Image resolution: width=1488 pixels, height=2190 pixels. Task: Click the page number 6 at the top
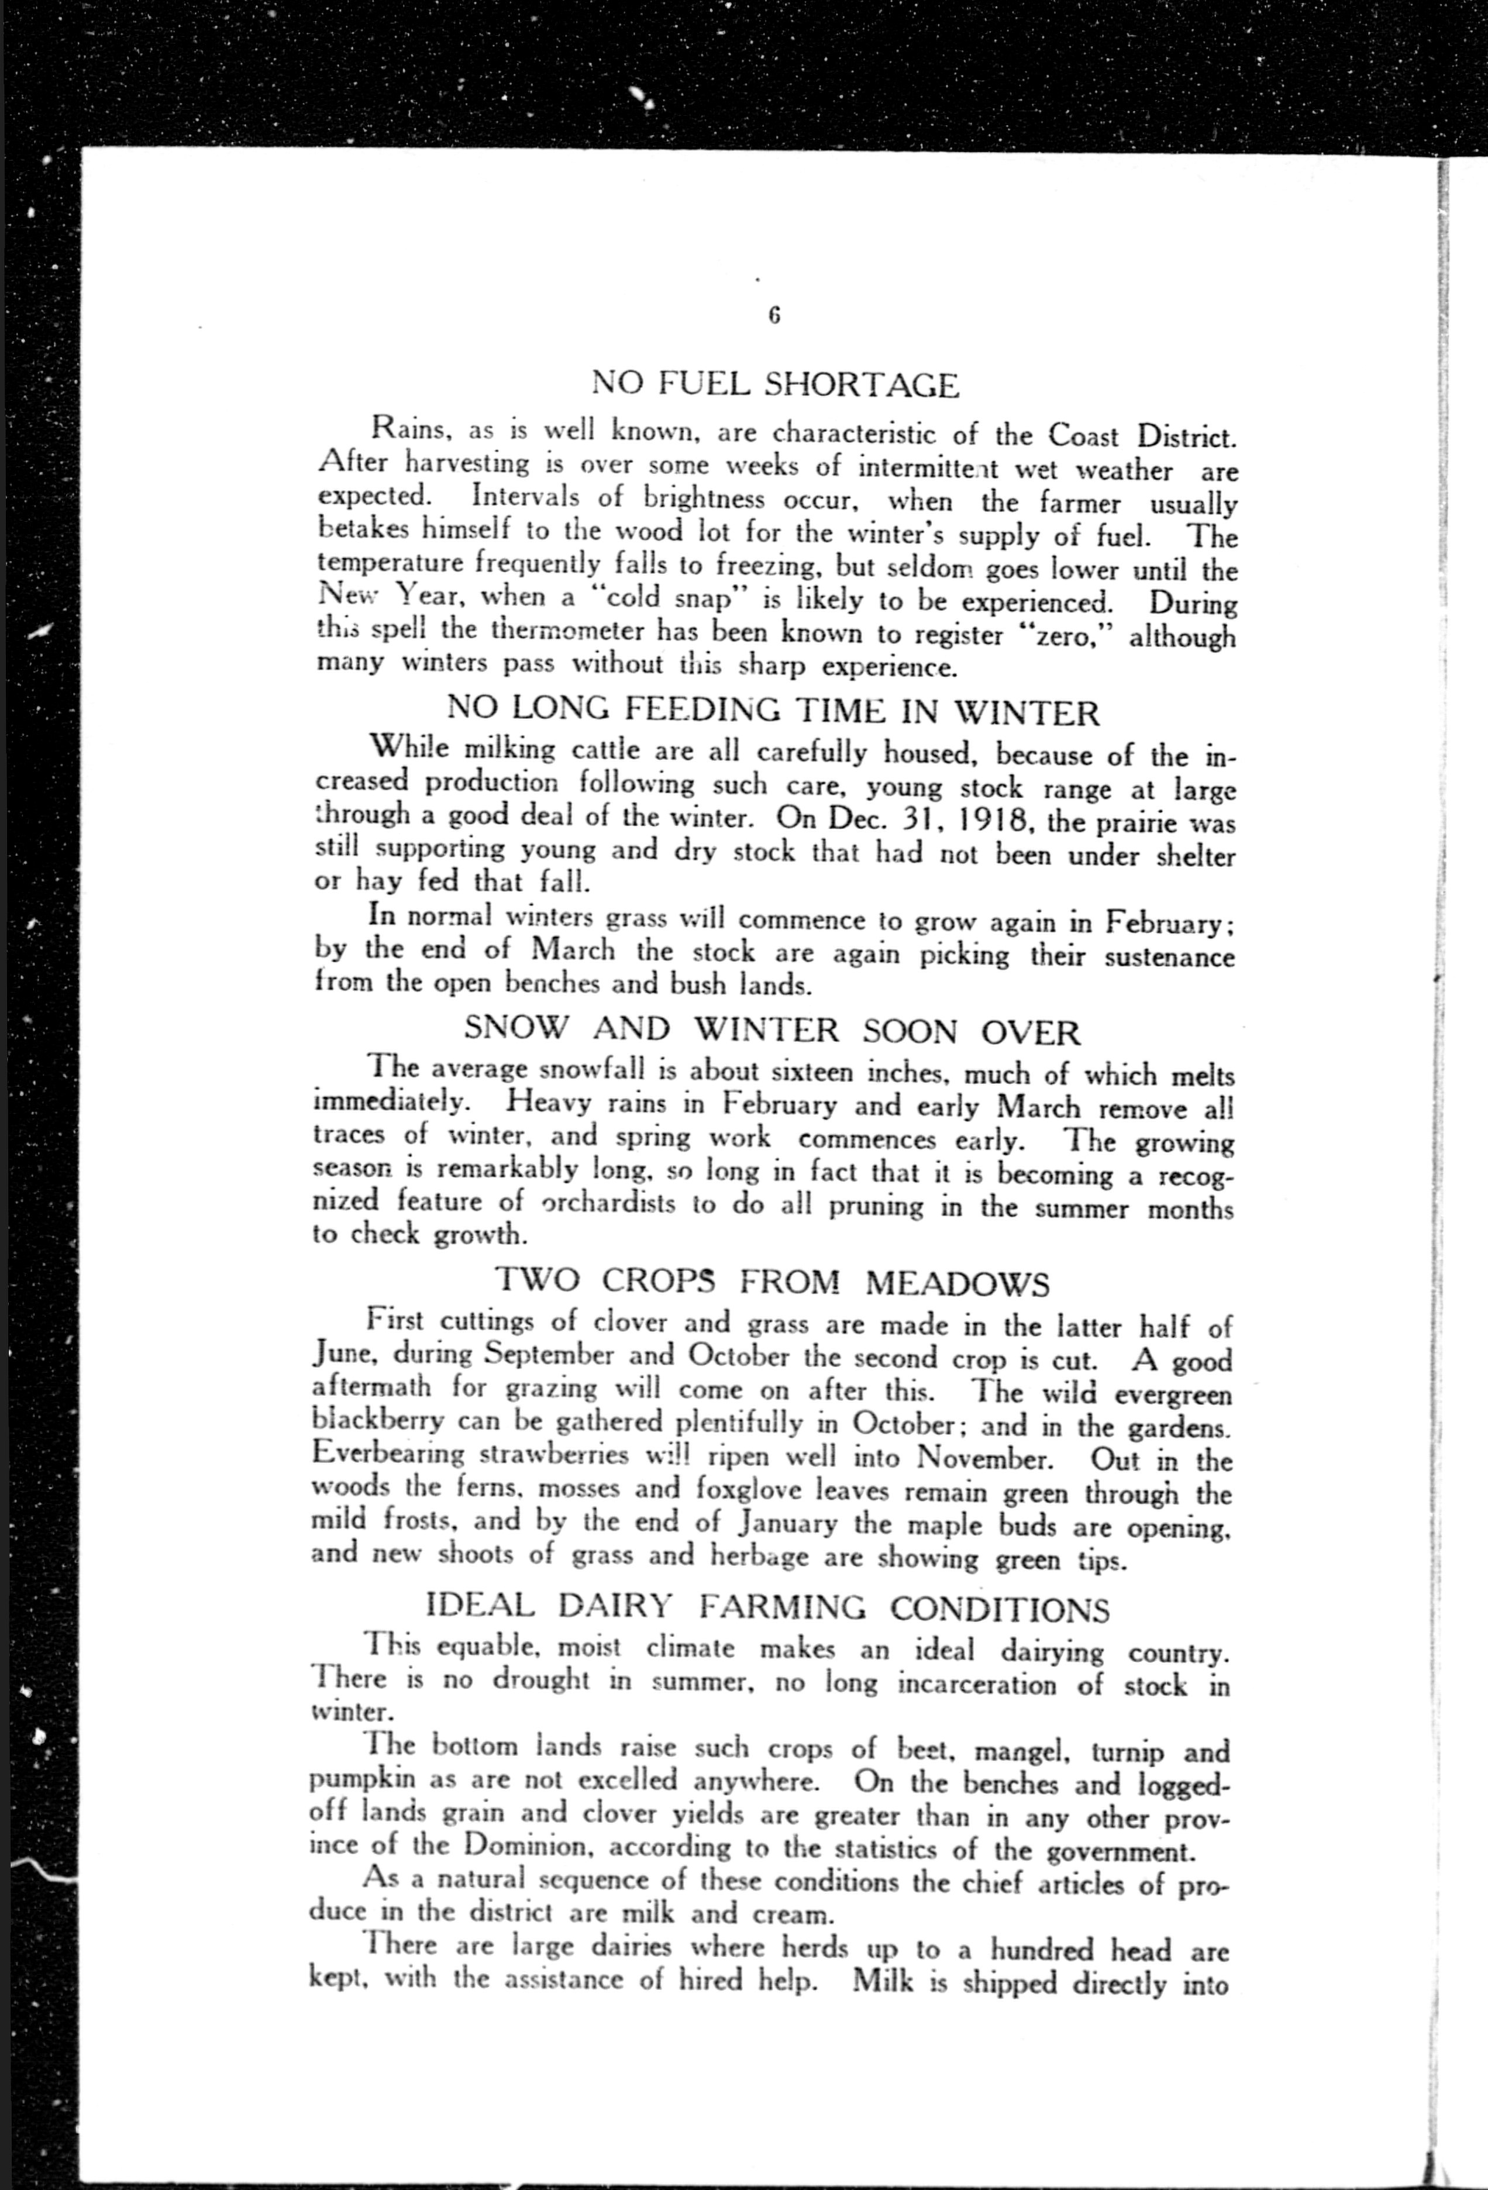[774, 316]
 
